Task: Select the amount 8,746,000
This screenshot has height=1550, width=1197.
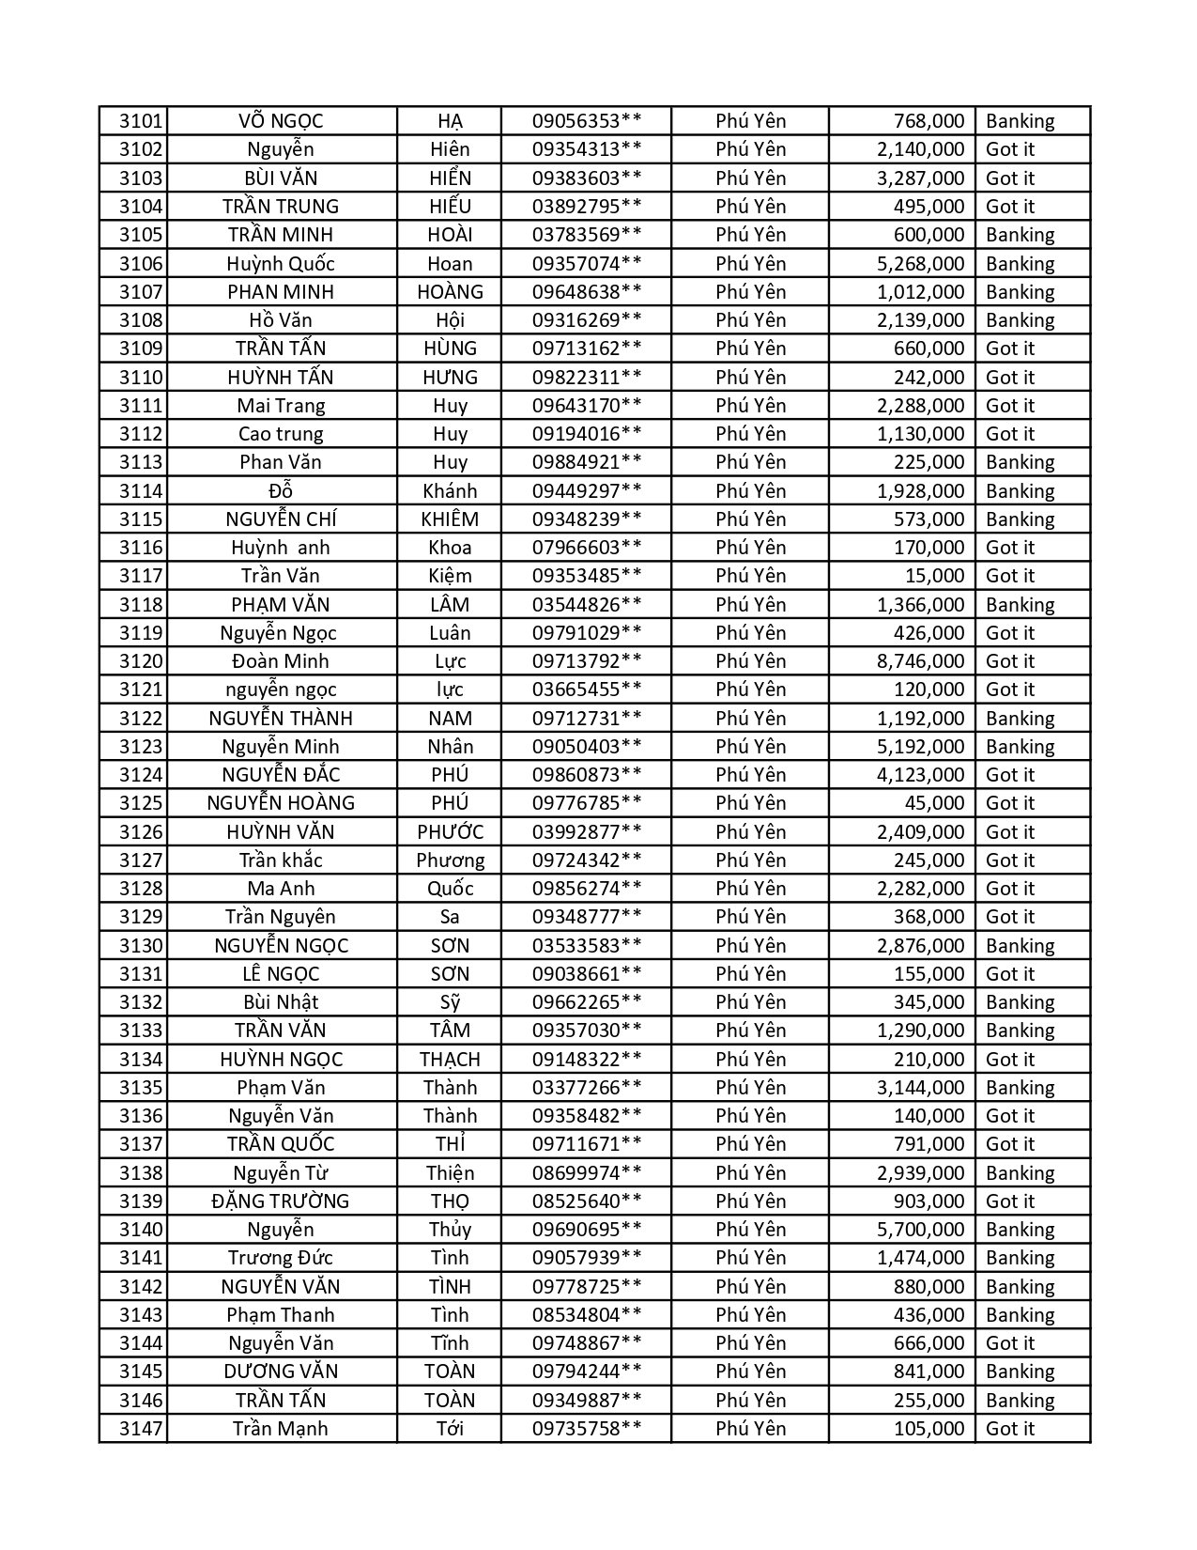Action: (920, 661)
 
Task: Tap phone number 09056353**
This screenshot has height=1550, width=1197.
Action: (587, 121)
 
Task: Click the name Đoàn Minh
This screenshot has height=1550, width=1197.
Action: (281, 661)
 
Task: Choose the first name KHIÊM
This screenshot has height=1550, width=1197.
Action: (450, 519)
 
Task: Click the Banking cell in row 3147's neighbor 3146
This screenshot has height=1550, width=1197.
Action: (1020, 1401)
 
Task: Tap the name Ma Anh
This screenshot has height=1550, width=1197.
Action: (281, 889)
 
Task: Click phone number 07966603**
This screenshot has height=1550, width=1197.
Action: (587, 548)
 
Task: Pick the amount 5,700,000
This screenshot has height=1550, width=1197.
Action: (920, 1230)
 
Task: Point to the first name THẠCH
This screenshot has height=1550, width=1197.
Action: (450, 1060)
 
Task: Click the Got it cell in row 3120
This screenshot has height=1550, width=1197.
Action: (1010, 661)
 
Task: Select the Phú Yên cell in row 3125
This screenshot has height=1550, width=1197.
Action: (750, 803)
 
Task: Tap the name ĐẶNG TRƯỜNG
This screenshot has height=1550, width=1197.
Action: (281, 1201)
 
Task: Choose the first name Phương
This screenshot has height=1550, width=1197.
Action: (450, 860)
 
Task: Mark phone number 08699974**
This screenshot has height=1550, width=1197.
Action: (587, 1173)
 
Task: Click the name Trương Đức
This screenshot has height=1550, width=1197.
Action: (281, 1258)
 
